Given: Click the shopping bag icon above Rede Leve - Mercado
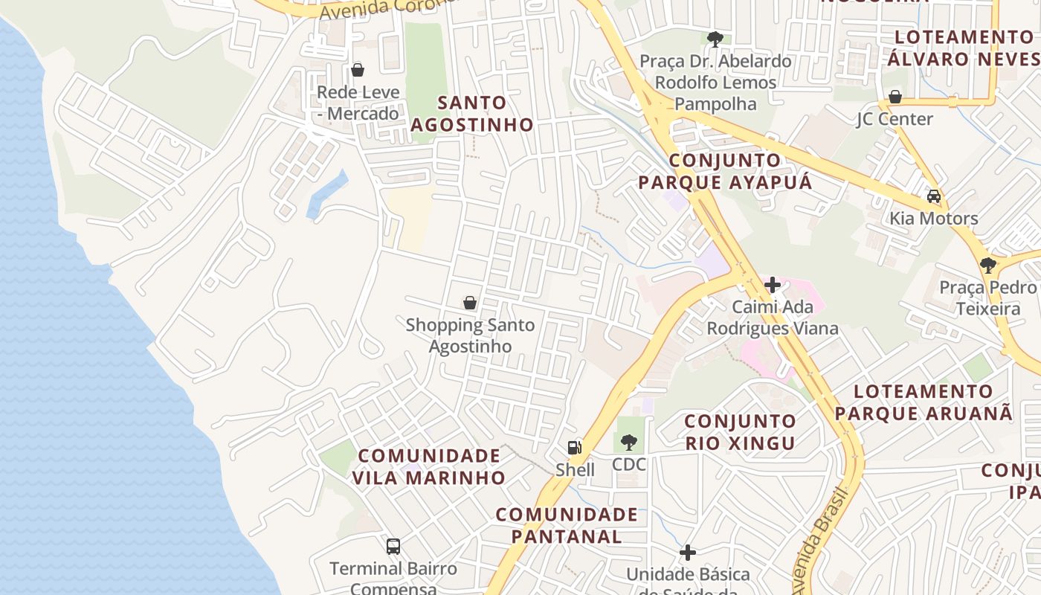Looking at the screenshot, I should (358, 70).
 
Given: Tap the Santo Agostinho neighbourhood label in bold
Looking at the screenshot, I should (471, 114).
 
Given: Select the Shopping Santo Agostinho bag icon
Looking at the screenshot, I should (470, 303).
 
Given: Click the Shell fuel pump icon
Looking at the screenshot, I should (574, 447).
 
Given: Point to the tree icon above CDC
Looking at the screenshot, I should (629, 443).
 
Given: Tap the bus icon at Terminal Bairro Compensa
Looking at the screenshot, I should (393, 547).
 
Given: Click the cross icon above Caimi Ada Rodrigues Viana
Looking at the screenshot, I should (773, 285).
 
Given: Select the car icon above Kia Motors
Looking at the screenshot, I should (934, 196).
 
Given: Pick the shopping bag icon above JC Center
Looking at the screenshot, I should (895, 97).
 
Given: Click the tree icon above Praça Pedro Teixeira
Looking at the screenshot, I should (987, 265).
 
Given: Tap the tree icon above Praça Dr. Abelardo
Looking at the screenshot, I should (715, 39).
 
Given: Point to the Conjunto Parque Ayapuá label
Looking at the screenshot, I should (725, 171).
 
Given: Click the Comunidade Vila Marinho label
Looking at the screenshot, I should (429, 466).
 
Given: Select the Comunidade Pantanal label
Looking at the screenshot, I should (567, 525).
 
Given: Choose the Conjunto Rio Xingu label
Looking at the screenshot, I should (740, 432).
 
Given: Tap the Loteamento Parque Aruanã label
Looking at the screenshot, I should (924, 402).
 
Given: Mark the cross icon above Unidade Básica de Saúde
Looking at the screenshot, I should (688, 553).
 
